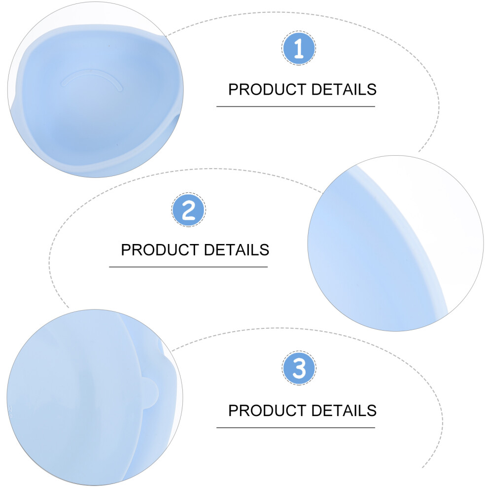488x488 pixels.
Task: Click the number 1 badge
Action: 299,48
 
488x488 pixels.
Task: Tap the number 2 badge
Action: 189,209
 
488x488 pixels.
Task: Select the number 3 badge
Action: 299,368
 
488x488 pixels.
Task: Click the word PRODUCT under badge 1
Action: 267,90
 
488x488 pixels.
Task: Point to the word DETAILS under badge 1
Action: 344,90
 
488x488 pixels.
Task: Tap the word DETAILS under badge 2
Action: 237,250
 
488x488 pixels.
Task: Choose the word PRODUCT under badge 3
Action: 267,411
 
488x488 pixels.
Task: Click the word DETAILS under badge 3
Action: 344,411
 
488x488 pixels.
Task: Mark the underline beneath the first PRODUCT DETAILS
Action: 296,106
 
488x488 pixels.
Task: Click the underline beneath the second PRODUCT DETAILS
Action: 188,267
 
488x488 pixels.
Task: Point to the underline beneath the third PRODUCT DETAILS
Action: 296,428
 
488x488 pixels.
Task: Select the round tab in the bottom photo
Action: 150,393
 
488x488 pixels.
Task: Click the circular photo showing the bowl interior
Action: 96,89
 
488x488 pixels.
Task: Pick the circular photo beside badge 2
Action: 395,244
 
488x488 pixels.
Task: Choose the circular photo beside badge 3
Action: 95,397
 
